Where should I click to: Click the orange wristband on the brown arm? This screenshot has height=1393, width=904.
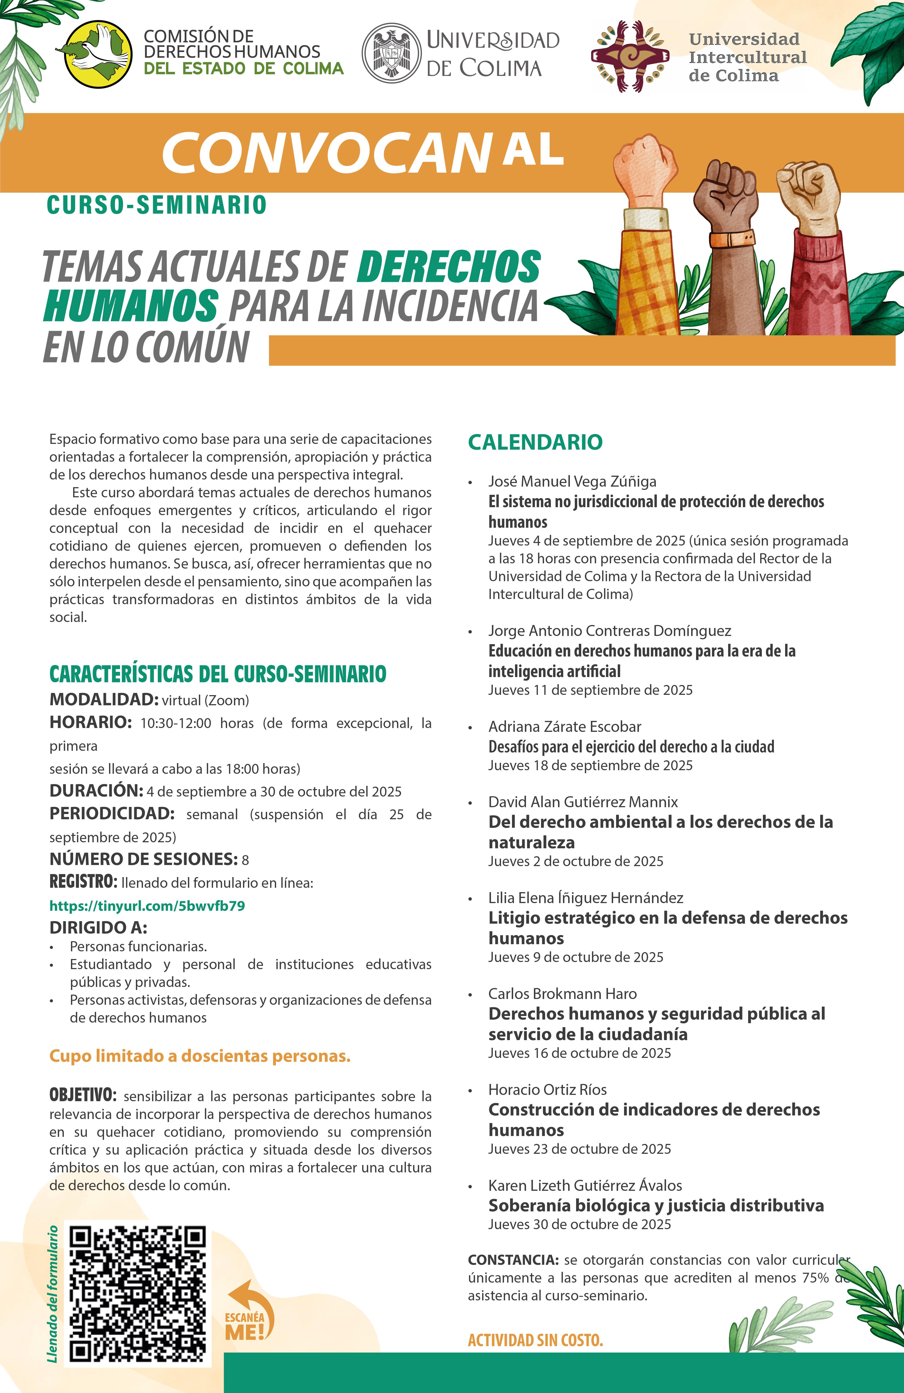click(731, 239)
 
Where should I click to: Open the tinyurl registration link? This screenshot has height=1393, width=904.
click(147, 906)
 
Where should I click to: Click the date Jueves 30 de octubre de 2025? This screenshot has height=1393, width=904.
click(579, 1224)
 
